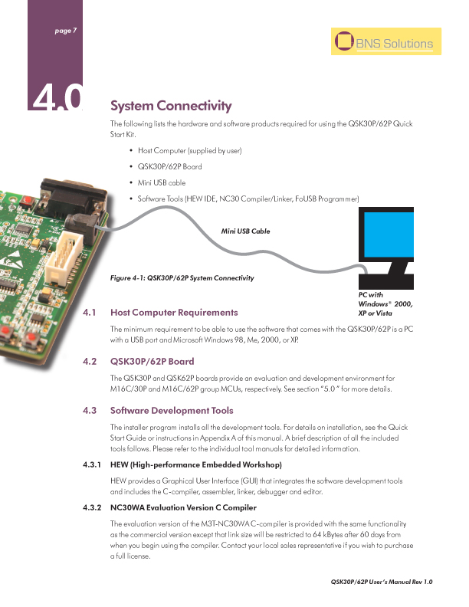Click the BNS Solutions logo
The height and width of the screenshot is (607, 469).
click(383, 44)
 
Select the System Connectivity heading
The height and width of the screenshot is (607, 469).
click(171, 105)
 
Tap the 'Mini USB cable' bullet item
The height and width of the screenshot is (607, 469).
click(162, 183)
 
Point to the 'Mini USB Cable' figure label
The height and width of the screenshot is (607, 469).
click(245, 231)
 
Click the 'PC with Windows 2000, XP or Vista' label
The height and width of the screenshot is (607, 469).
click(385, 303)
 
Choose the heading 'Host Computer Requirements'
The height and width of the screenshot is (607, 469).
click(174, 313)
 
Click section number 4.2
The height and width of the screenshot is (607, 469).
click(89, 361)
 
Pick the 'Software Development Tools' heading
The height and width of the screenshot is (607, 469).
click(172, 410)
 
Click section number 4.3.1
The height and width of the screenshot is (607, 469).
click(92, 465)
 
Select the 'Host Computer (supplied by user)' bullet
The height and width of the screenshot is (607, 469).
click(191, 151)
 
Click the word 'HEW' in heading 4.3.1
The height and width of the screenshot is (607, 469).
click(121, 465)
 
